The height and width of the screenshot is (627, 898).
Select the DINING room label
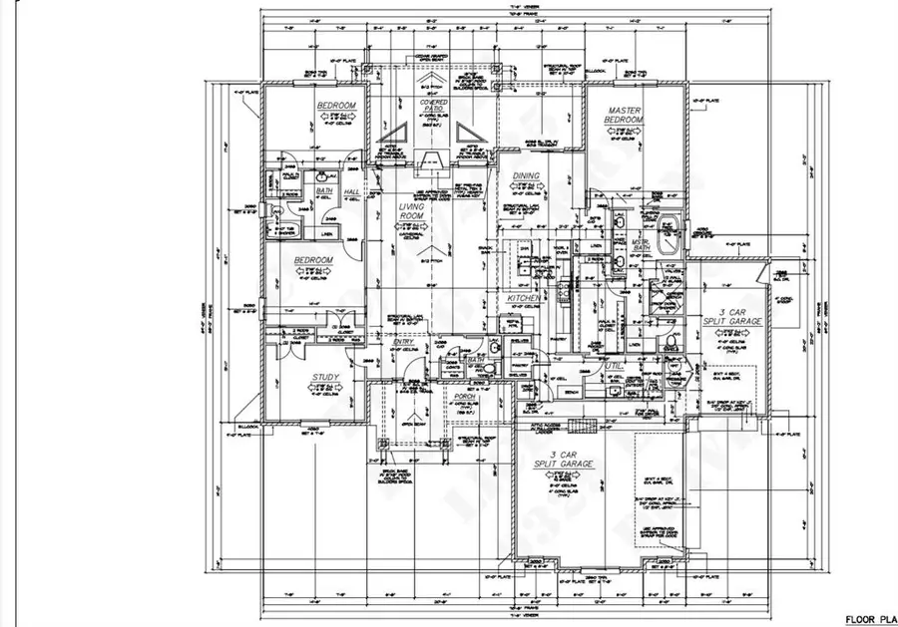[525, 176]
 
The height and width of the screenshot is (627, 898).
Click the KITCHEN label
[525, 297]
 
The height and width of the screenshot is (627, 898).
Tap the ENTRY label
[403, 343]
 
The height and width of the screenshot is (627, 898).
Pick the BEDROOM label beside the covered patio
[337, 106]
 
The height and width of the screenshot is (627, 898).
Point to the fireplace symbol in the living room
[430, 163]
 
